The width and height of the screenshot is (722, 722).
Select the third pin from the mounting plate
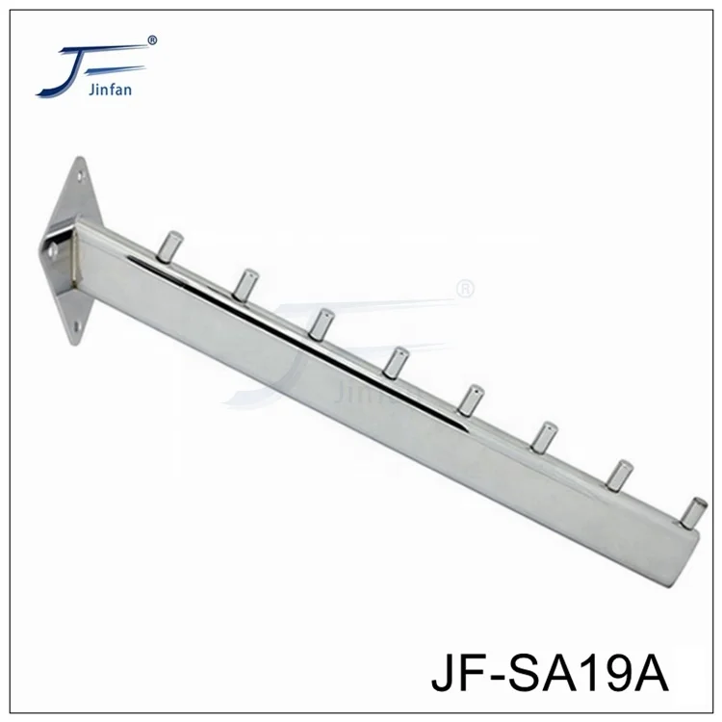[322, 322]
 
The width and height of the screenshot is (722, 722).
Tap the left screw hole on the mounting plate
[53, 251]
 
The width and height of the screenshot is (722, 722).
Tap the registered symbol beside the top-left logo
[151, 40]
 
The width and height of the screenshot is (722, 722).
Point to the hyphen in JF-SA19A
[502, 680]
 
